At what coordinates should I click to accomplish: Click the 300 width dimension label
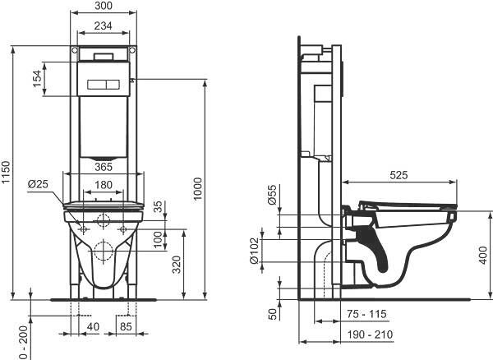coord(104,6)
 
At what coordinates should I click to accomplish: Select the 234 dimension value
coord(104,25)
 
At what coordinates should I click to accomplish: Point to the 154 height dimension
coord(37,79)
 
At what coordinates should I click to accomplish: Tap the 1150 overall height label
coord(6,173)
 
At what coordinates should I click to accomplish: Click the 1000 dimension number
coord(197,189)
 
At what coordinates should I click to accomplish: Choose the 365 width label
coord(104,167)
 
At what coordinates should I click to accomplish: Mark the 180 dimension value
coord(104,185)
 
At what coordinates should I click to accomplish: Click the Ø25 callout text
coord(38,184)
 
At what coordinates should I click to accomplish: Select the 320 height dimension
coord(177,265)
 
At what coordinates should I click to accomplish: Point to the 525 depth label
coord(399,175)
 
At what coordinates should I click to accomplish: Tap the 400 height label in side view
coord(485,256)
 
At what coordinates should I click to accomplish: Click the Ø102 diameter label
coord(254,251)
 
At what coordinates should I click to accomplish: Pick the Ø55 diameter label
coord(272,195)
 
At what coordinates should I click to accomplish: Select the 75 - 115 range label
coord(366,314)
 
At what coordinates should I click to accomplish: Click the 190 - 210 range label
coord(370,335)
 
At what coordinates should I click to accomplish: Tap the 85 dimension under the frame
coord(126,326)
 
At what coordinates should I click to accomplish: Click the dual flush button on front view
coord(104,85)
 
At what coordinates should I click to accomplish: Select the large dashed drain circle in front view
coord(104,250)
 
